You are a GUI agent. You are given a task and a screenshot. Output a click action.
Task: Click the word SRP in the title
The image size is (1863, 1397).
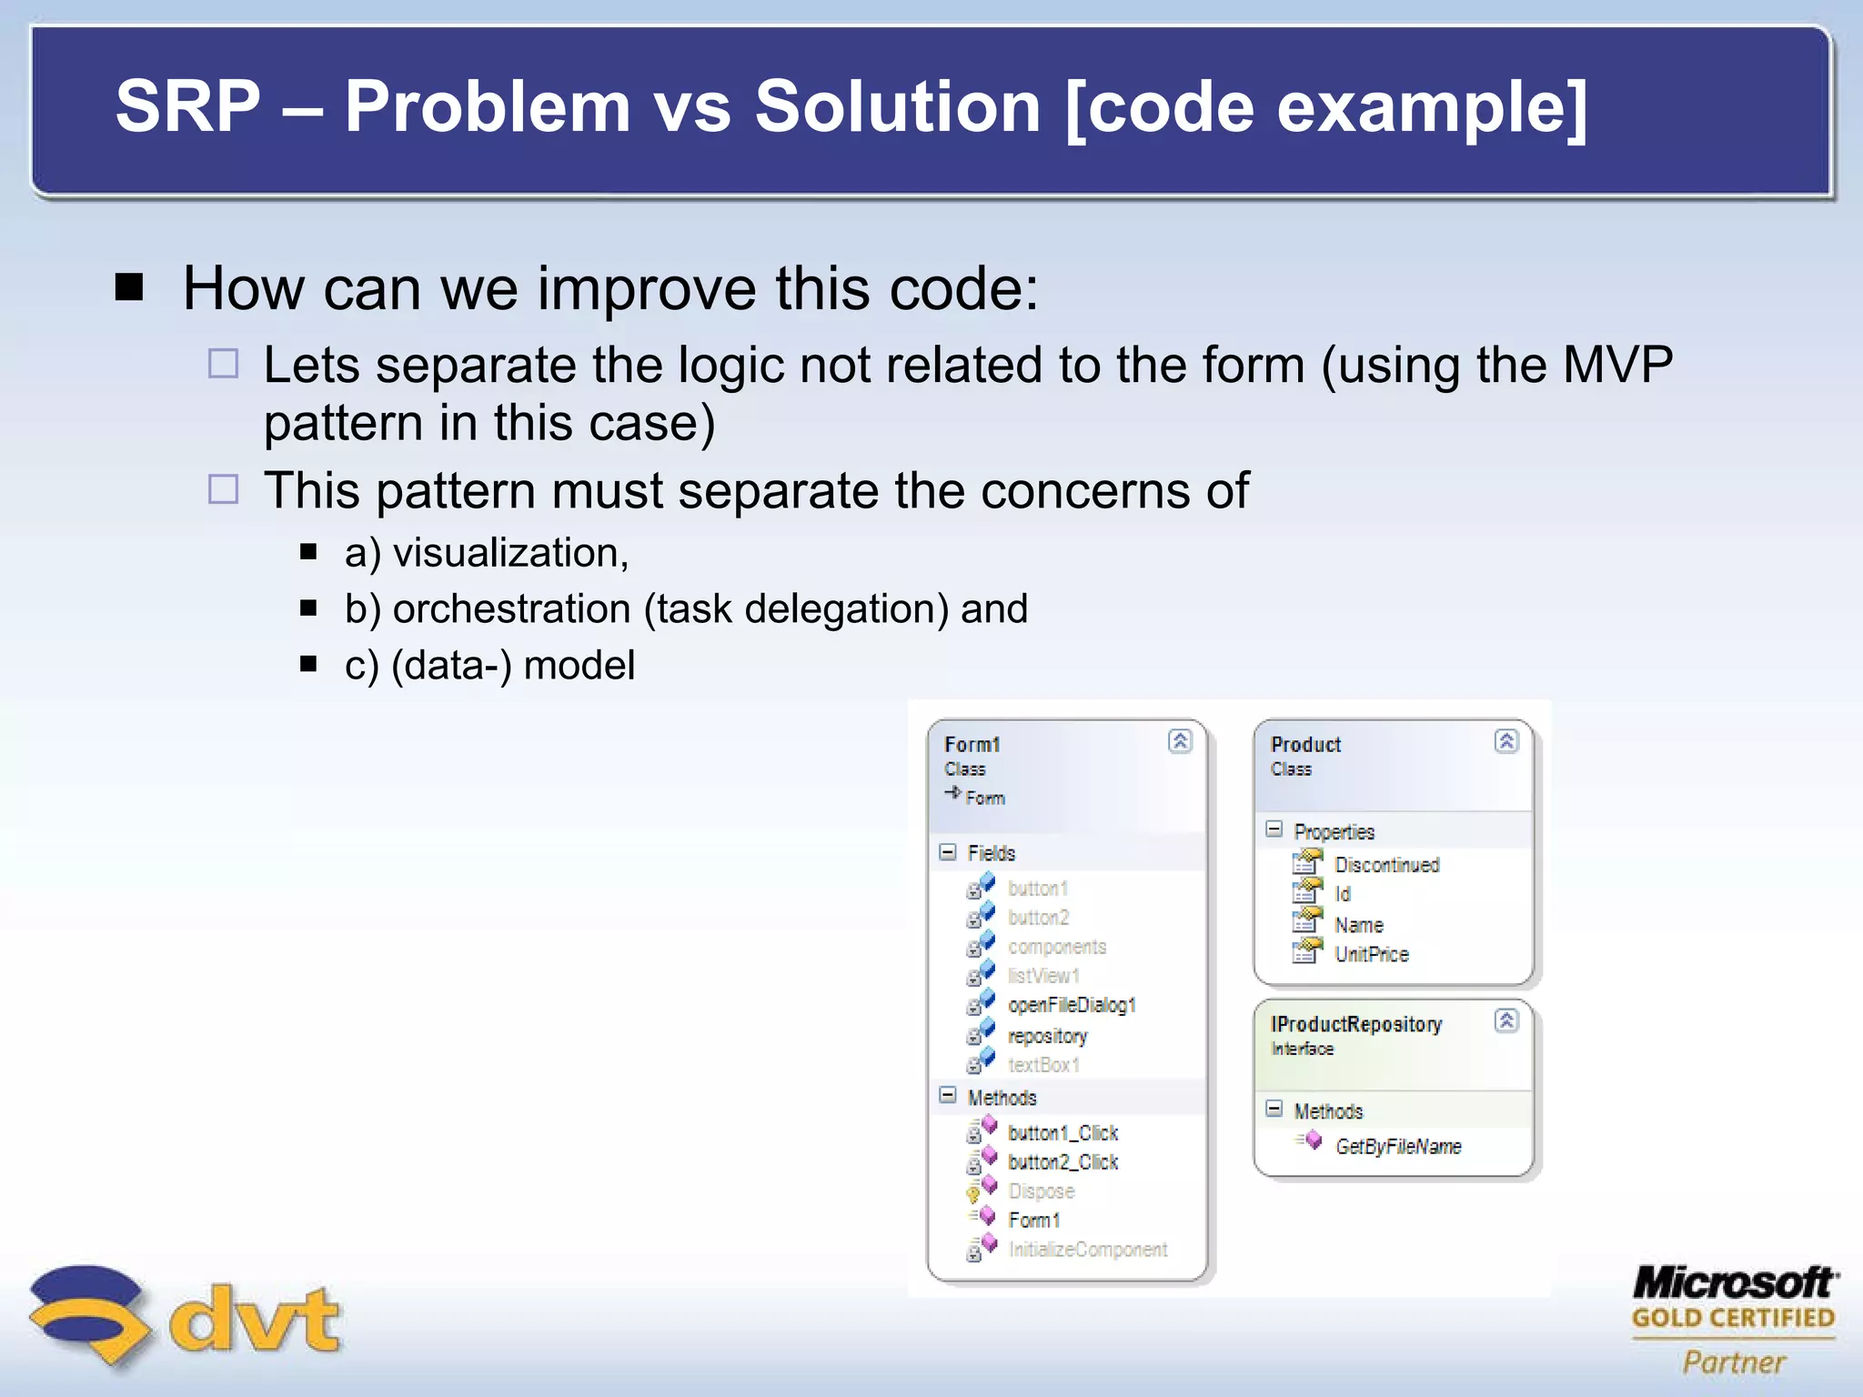(x=188, y=107)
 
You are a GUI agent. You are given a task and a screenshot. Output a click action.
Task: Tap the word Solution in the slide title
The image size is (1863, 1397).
(x=897, y=107)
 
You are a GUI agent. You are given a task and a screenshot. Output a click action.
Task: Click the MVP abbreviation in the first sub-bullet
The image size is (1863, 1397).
(x=1616, y=366)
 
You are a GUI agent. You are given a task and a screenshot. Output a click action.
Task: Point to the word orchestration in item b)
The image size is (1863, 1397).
(x=511, y=609)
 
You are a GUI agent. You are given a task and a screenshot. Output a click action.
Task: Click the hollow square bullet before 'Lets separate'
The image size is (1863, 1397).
(x=223, y=364)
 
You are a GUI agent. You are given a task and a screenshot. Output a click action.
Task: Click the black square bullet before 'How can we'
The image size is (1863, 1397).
(x=130, y=288)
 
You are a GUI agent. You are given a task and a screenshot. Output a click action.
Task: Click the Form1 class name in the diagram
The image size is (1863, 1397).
(x=972, y=745)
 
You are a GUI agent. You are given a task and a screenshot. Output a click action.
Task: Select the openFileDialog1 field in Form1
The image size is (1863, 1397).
(x=1072, y=1005)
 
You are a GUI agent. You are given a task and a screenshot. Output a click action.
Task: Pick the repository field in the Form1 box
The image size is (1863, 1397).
(x=1047, y=1036)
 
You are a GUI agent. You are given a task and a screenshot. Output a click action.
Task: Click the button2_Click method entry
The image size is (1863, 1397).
(x=1062, y=1162)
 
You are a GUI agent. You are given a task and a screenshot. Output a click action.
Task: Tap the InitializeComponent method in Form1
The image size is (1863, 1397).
(x=1087, y=1250)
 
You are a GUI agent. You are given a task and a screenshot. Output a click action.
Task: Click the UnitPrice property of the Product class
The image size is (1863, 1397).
(x=1371, y=955)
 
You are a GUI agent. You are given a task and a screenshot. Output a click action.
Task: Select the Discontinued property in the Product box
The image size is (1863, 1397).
(x=1386, y=865)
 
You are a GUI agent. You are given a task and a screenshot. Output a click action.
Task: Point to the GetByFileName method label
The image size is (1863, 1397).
(x=1398, y=1147)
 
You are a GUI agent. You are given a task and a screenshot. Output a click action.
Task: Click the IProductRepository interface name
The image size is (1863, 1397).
(x=1355, y=1025)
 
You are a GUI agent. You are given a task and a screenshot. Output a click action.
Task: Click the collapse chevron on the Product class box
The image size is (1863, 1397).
(x=1506, y=741)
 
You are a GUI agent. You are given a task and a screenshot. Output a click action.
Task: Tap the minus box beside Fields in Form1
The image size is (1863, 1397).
(x=948, y=852)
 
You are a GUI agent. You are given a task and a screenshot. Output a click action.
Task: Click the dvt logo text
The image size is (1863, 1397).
(x=255, y=1319)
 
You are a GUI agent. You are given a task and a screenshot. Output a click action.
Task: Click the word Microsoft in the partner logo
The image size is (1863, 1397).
(x=1734, y=1283)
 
